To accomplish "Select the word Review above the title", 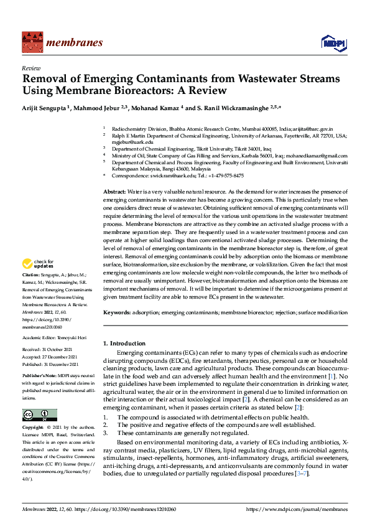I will coord(31,68).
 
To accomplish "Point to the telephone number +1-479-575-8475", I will coord(225,175).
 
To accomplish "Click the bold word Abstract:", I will coord(114,192).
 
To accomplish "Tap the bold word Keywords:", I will coord(117,311).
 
